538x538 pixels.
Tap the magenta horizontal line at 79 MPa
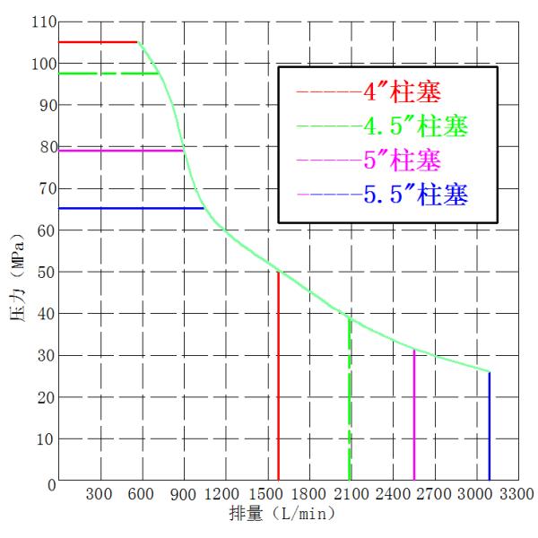tap(121, 151)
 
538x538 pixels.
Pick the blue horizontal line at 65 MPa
tap(130, 208)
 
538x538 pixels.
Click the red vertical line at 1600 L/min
tap(279, 377)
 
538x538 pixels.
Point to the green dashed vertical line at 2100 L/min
tap(350, 403)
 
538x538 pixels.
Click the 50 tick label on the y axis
tap(42, 273)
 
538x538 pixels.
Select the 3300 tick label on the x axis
tap(516, 494)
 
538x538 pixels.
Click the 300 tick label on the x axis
tap(99, 494)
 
